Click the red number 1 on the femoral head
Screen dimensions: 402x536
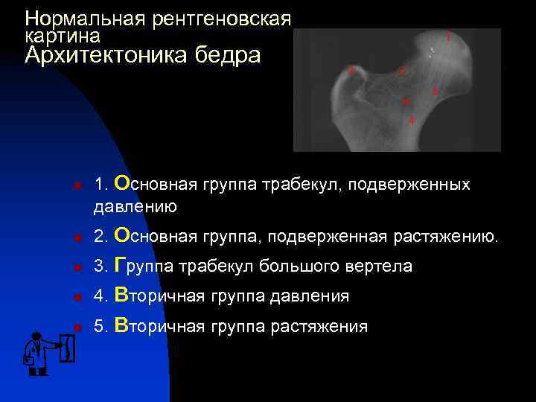pos(447,35)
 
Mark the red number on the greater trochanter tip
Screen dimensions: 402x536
pos(351,71)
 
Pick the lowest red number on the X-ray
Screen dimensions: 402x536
pos(411,121)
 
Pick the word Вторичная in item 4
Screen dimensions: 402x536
pos(160,296)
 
